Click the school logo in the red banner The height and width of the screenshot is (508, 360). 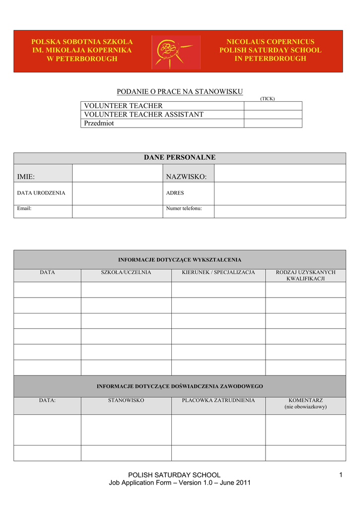[176, 52]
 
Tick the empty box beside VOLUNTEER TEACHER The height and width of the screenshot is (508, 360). [273, 106]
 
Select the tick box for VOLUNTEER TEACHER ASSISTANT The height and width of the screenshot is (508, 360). [273, 115]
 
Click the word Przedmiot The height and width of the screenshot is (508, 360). [99, 124]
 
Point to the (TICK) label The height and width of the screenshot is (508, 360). [267, 99]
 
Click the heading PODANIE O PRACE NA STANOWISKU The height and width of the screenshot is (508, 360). [180, 91]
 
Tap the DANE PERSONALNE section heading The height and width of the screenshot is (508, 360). [180, 158]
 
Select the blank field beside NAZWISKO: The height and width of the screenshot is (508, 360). [280, 173]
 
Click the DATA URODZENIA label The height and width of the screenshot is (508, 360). [41, 193]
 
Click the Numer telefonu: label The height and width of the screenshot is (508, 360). [184, 209]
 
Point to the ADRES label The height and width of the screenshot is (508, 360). [175, 193]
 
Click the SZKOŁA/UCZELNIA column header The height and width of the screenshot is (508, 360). [126, 272]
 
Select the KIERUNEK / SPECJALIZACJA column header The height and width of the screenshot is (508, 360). [218, 272]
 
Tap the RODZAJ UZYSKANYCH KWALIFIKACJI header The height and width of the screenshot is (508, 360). [305, 275]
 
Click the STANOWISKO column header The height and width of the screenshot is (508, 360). [126, 399]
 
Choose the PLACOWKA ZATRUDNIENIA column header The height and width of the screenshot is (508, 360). [218, 399]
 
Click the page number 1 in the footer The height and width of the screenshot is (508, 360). [341, 475]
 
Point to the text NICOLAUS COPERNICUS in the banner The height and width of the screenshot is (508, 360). [271, 42]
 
